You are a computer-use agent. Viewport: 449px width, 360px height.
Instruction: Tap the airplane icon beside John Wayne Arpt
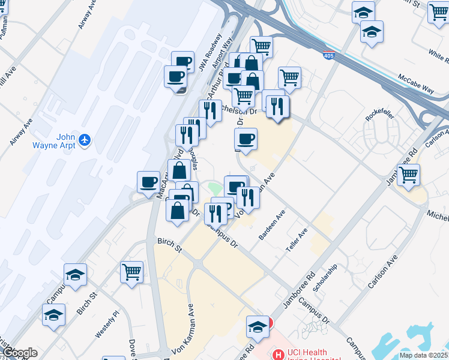coord(85,140)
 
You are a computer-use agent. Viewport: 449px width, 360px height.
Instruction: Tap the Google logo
coord(19,353)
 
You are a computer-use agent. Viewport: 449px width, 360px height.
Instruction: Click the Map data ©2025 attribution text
coord(423,355)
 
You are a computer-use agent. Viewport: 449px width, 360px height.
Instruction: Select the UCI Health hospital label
coord(306,353)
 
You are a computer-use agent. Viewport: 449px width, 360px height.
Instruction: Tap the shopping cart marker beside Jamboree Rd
coord(408,175)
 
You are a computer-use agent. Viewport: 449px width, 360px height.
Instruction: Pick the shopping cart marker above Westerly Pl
coord(131,271)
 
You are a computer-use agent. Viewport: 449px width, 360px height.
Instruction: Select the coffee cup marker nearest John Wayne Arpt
coord(148,181)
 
